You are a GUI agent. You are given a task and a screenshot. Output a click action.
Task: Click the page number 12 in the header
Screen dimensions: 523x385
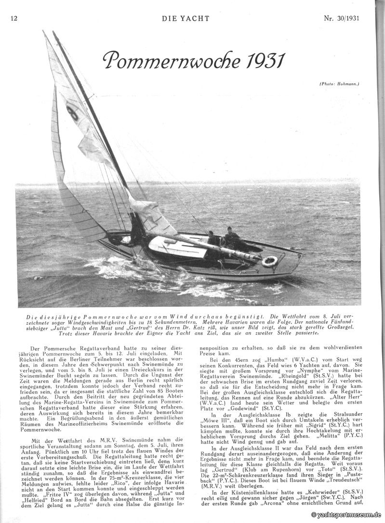coord(13,19)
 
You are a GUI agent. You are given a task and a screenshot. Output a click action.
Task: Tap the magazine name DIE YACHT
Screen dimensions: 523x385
coord(186,19)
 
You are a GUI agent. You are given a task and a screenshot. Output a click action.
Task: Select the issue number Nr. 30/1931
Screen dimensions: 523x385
coord(342,19)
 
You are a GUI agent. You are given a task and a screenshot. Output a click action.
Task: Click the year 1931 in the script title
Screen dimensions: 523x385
coord(263,61)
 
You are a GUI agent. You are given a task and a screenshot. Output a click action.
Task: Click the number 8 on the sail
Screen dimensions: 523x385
coord(73,113)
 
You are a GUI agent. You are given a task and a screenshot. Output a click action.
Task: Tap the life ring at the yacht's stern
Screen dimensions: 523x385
coord(270,261)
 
